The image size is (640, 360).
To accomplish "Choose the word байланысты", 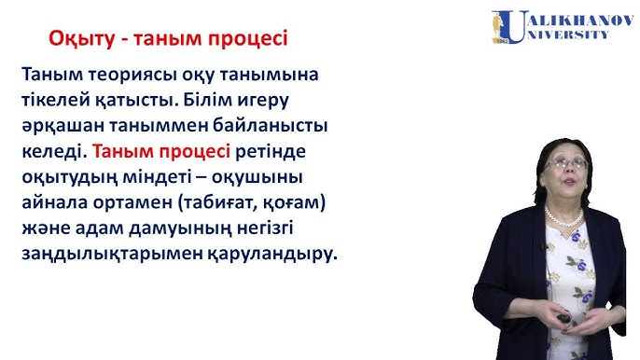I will [x=276, y=124].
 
